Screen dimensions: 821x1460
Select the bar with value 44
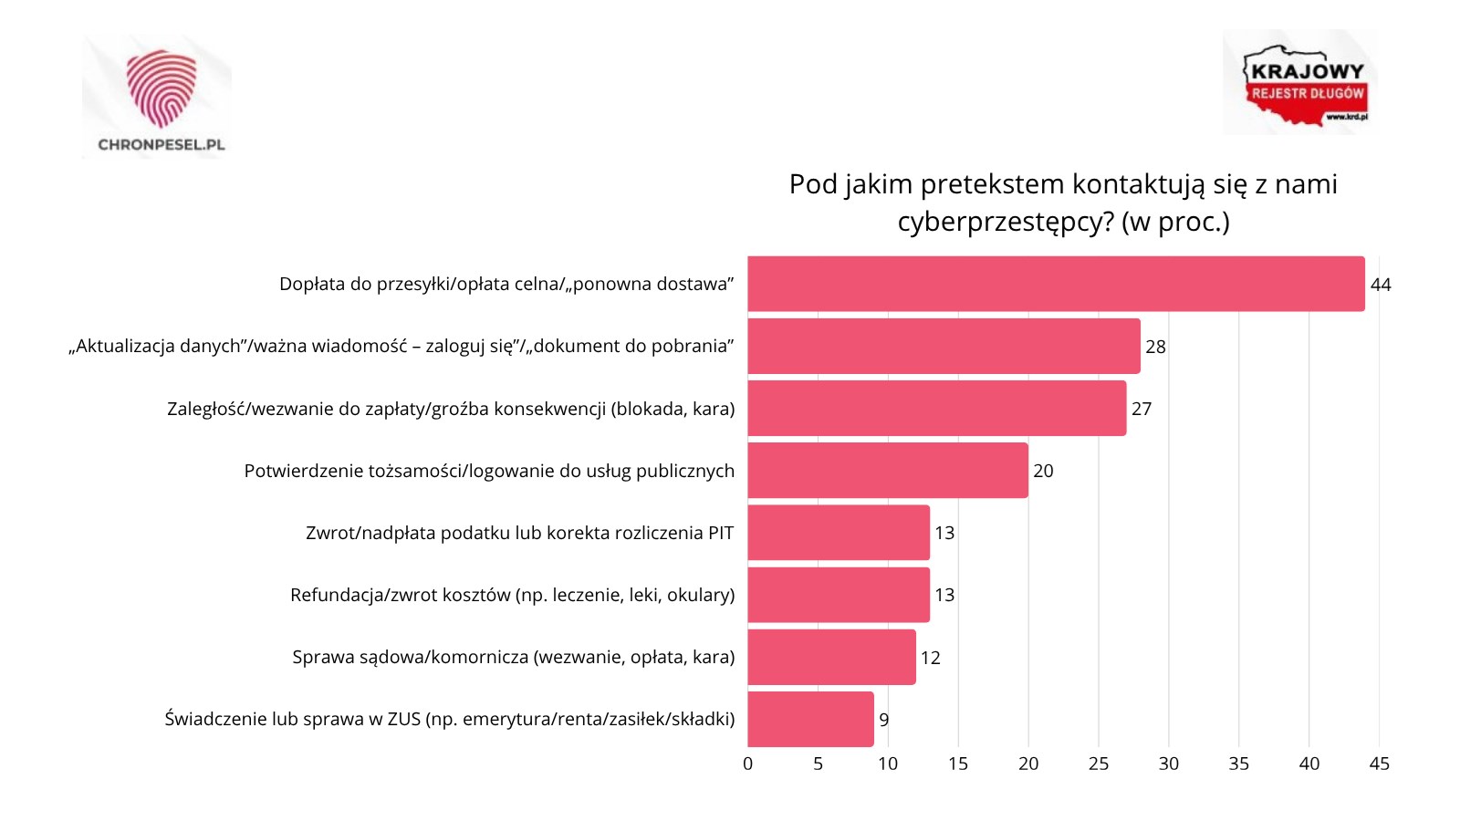tap(1056, 284)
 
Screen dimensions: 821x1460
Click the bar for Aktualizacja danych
tap(944, 347)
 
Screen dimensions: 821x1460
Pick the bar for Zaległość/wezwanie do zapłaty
tap(936, 409)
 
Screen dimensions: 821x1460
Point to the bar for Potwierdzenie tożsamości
tap(887, 471)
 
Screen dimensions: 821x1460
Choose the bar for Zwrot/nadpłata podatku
tap(839, 533)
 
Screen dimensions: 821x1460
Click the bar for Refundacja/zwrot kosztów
tap(839, 595)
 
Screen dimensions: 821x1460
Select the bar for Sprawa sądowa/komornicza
tap(831, 657)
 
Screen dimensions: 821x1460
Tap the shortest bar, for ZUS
tap(810, 719)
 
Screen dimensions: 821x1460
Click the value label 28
tap(1155, 347)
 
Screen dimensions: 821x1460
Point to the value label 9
tap(883, 720)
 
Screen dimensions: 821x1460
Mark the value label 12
tap(930, 658)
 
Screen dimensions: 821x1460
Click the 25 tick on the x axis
tap(1098, 764)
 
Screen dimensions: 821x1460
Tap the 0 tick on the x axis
tap(747, 764)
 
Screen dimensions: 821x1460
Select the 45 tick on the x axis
tap(1379, 764)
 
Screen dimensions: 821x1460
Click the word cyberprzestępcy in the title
tap(1005, 222)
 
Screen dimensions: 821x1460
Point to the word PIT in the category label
tap(721, 533)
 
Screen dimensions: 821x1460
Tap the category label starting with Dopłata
tap(506, 284)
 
